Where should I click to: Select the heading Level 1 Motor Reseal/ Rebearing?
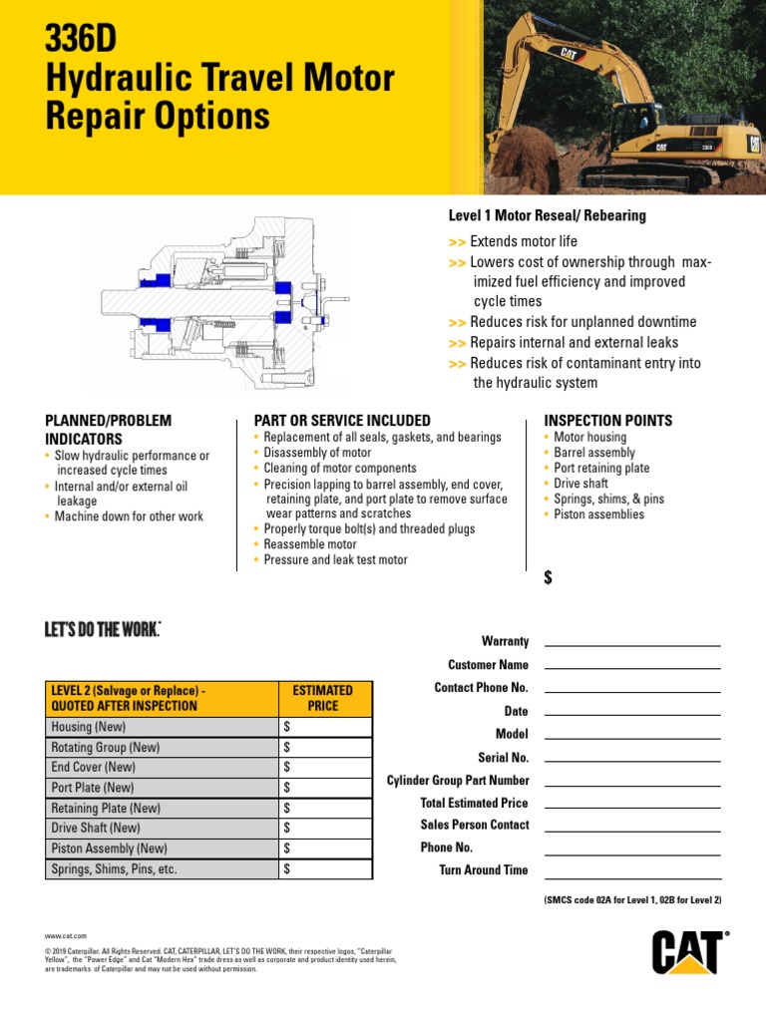coord(547,215)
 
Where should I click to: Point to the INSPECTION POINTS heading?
coord(607,421)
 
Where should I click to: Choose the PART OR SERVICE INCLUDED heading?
coord(342,421)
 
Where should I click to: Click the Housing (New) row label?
coord(88,727)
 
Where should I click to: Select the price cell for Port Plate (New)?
coord(324,788)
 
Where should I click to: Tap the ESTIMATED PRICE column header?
coord(322,698)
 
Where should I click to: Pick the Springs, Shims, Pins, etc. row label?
coord(114,868)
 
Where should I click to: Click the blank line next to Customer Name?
coord(632,665)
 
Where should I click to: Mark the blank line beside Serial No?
coord(632,758)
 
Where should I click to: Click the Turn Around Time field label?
coord(484,870)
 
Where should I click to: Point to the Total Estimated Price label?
coord(474,803)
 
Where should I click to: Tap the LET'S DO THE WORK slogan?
coord(103,629)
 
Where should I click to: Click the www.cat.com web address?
coord(66,936)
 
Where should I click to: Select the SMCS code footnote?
coord(632,900)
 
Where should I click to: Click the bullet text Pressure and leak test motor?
coord(335,560)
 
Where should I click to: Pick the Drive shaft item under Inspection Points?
coord(580,484)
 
